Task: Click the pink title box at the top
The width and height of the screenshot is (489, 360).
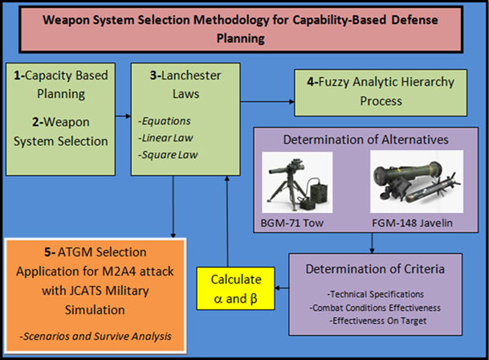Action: (x=244, y=27)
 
